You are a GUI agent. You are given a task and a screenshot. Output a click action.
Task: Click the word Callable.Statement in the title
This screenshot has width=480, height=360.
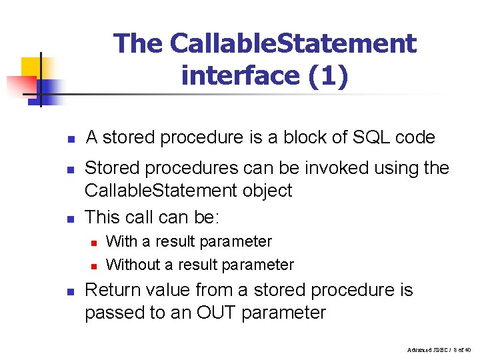coord(293,44)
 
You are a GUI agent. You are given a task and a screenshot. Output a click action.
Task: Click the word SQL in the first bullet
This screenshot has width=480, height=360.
coord(366,138)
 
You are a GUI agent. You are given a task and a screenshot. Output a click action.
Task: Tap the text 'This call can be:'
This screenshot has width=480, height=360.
coord(151,217)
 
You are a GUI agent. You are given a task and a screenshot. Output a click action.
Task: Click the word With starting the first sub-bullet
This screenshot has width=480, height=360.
coord(121,241)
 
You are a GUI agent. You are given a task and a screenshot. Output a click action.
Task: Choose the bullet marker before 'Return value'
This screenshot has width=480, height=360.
coord(69,292)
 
